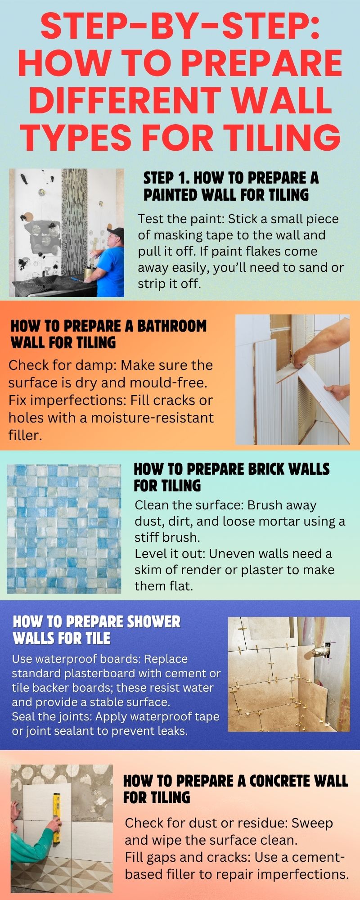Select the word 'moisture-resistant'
pos(152,418)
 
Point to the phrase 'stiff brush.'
pos(167,537)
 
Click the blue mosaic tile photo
pos(64,529)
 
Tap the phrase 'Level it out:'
pos(170,553)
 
